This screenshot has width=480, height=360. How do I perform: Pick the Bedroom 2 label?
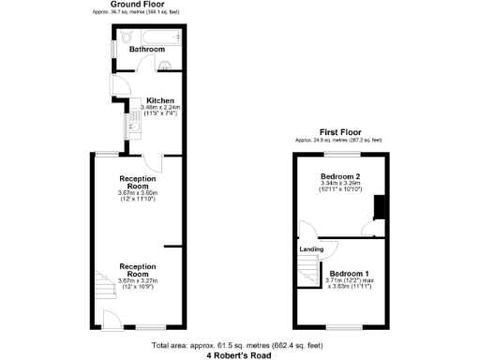pos(338,176)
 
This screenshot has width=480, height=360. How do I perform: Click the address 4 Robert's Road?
pos(239,355)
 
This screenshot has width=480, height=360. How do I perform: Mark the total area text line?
pos(239,347)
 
